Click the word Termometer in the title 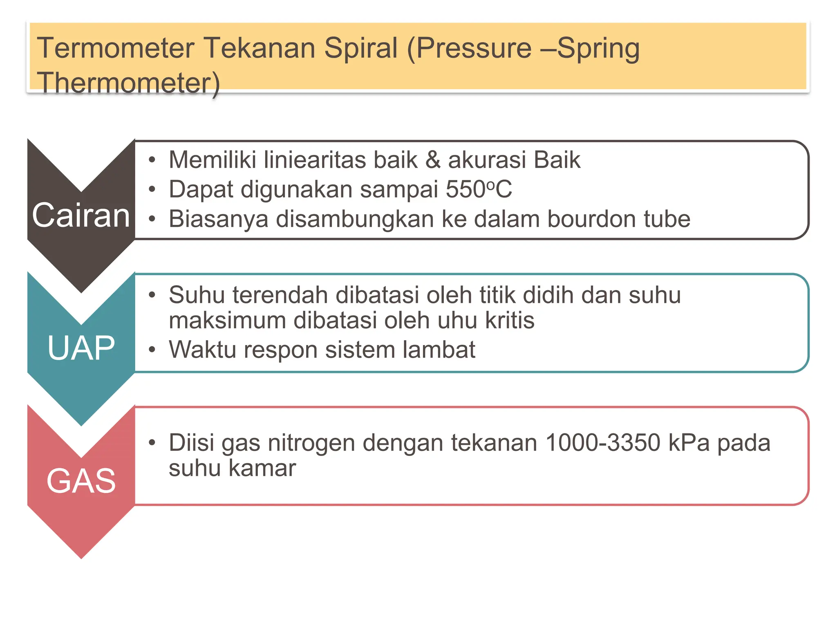tap(116, 48)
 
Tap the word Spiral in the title tap(360, 48)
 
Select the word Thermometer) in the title tap(128, 83)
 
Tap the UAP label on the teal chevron tap(81, 348)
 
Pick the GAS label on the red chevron tap(81, 481)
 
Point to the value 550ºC tap(479, 189)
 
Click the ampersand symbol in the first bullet tap(433, 159)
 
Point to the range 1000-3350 tap(603, 443)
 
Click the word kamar tap(262, 468)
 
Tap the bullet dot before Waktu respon tap(152, 350)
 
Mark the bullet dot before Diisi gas tap(152, 443)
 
